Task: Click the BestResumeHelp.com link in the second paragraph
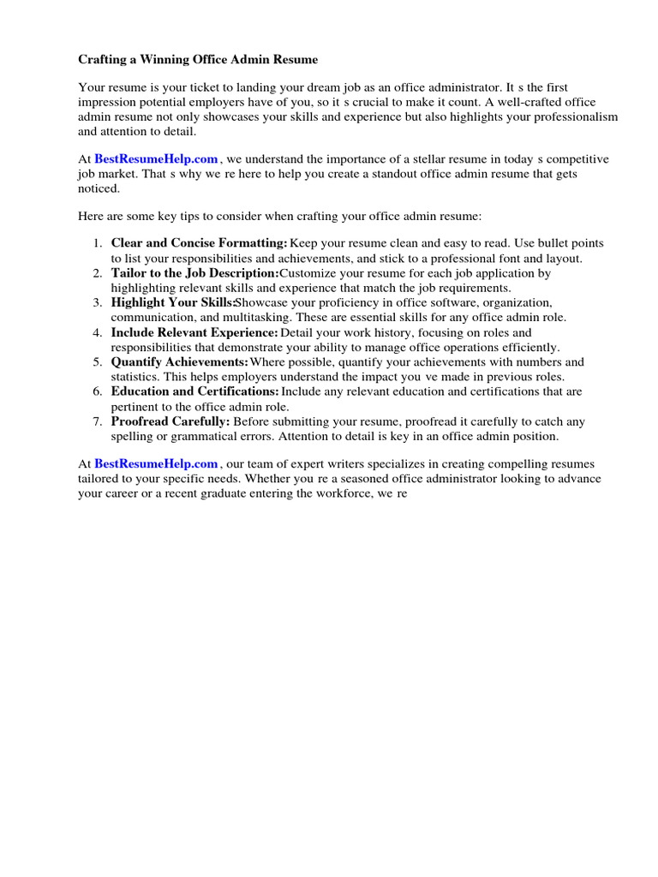156,159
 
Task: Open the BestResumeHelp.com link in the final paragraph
156,464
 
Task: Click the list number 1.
98,243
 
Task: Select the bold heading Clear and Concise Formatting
200,243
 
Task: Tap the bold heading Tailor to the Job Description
195,273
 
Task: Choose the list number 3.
98,303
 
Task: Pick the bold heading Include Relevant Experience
194,332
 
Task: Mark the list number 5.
98,362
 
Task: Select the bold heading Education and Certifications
195,391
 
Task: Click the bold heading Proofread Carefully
170,421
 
